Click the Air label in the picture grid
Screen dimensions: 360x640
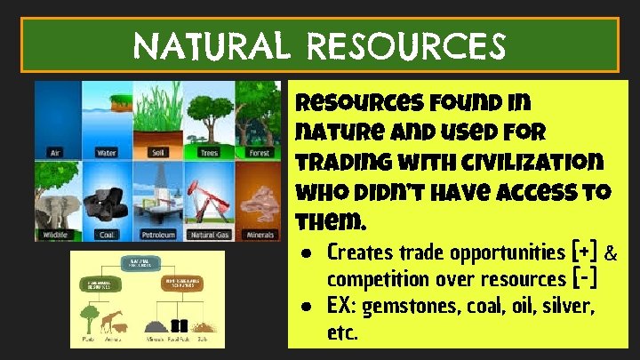pos(57,152)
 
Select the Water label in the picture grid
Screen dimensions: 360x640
pos(107,152)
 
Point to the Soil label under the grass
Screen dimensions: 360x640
pos(159,152)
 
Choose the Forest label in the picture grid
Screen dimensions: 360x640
pos(259,152)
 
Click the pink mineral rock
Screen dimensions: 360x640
pos(260,204)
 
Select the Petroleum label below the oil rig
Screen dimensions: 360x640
pos(159,236)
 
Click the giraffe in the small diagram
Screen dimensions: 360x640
pos(115,320)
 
